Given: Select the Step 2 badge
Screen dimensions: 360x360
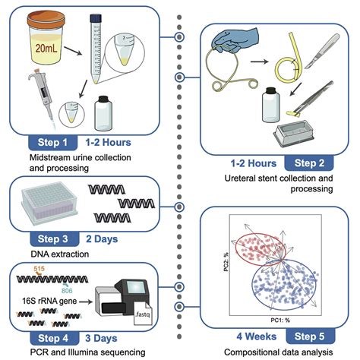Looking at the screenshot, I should coord(307,163).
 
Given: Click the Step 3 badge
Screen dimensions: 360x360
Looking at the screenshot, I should coord(44,240).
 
